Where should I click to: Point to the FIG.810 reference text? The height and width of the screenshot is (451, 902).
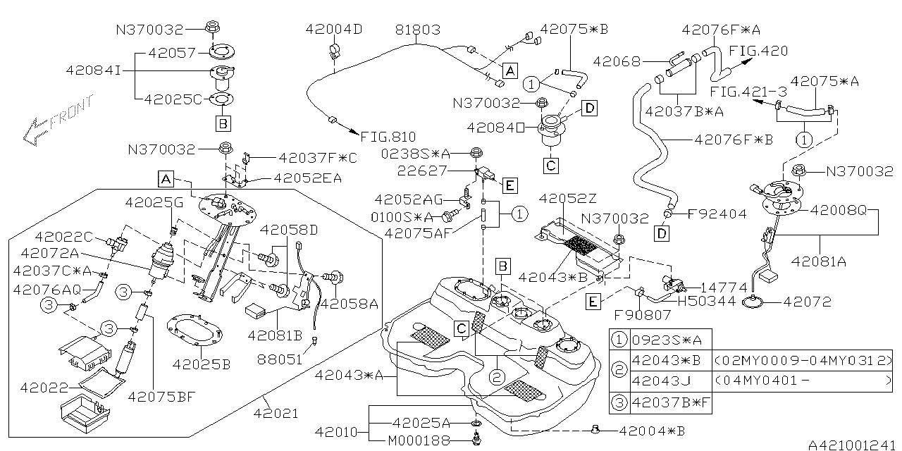388,137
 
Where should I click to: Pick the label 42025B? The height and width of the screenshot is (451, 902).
202,364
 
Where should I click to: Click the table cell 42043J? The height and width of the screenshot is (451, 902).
660,381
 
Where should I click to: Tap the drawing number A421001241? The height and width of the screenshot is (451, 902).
852,444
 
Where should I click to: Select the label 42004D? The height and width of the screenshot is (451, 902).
334,30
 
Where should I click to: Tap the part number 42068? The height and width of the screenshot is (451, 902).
617,61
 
